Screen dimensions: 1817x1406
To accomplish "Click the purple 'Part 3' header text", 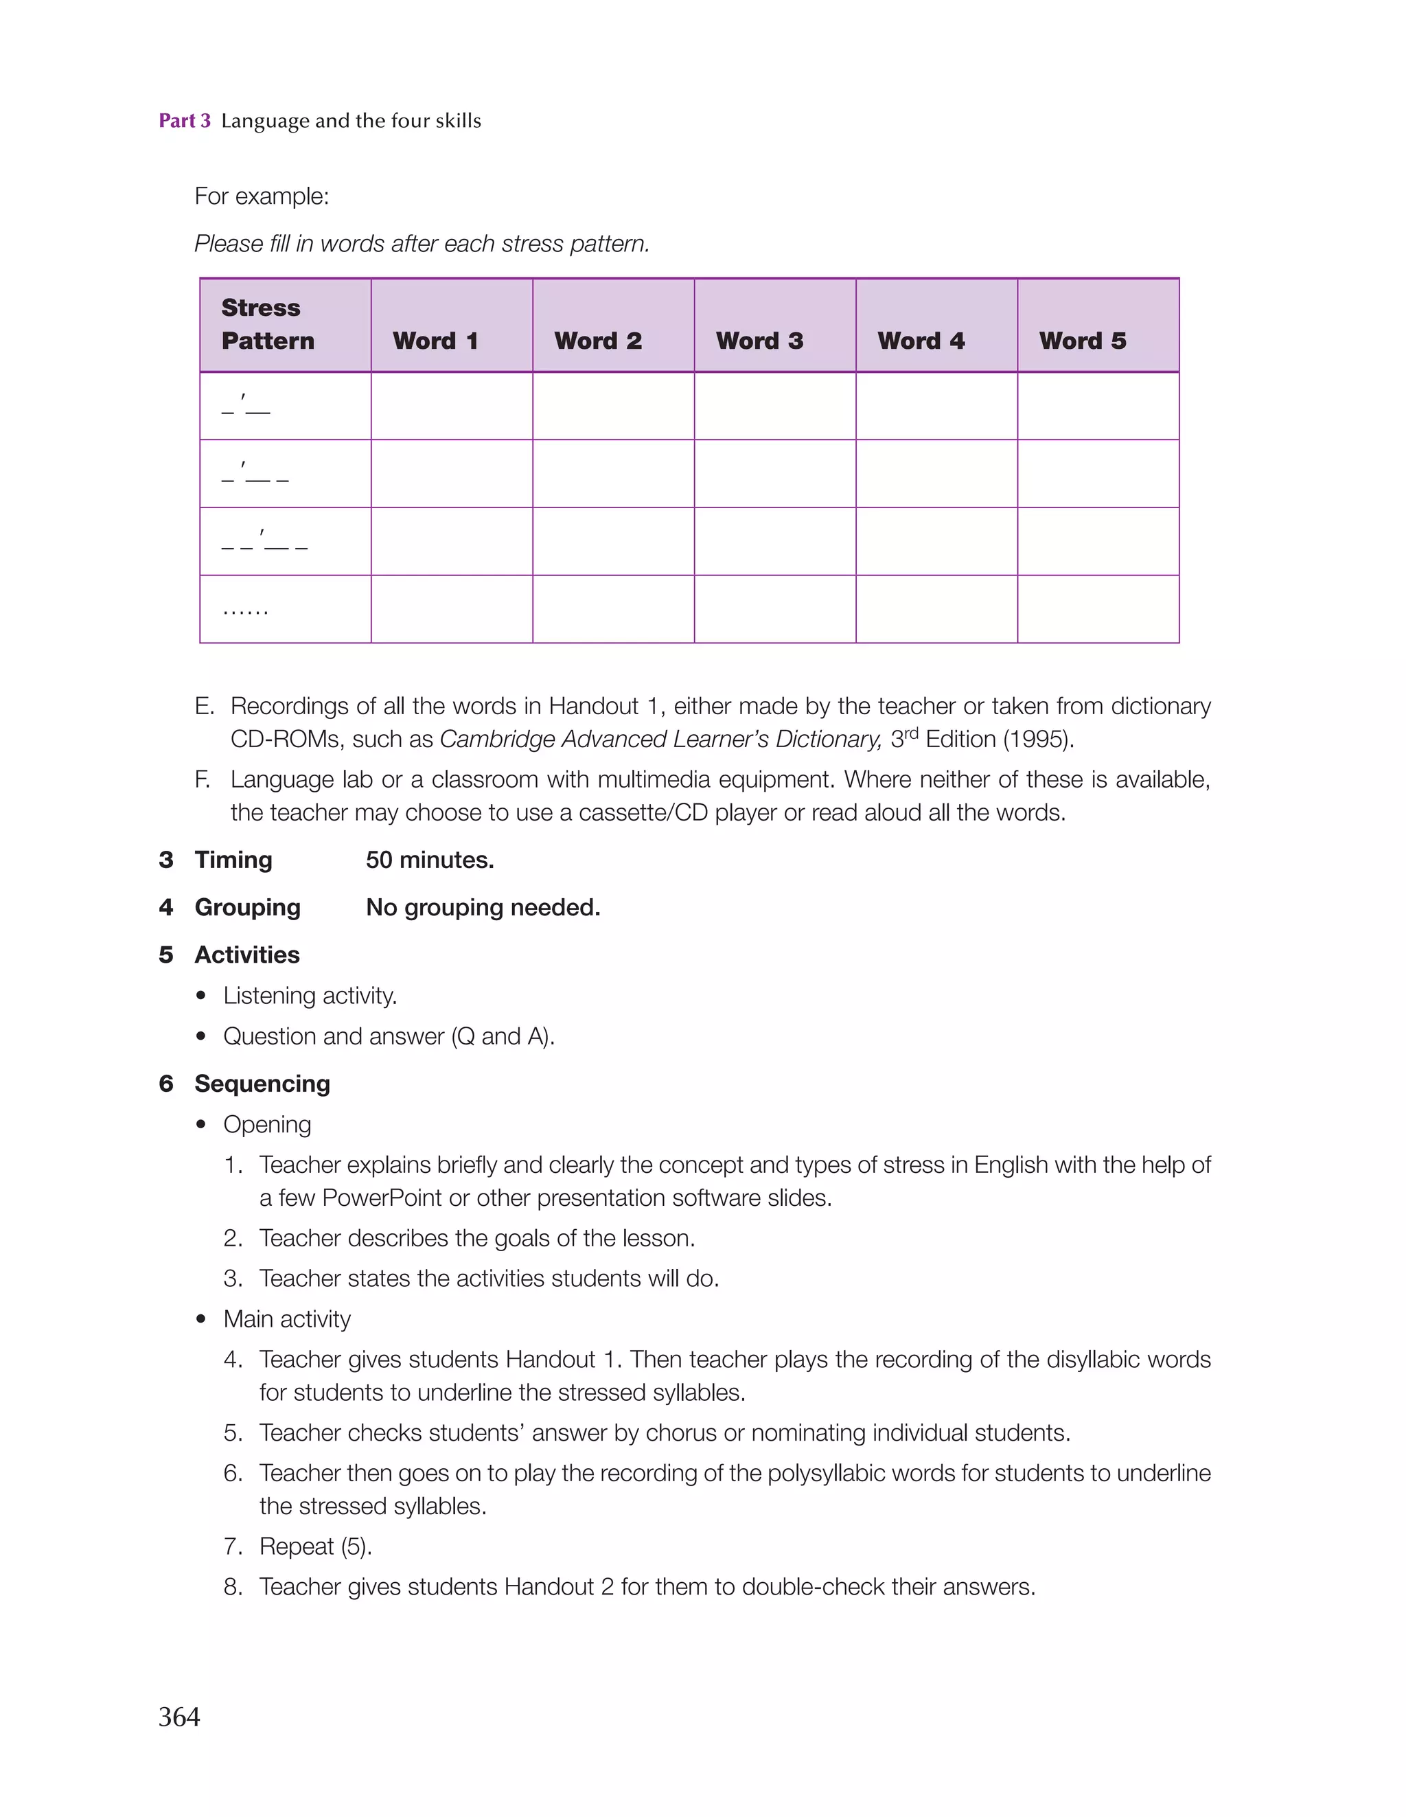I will point(185,121).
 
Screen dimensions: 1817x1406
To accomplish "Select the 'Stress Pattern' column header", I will point(268,324).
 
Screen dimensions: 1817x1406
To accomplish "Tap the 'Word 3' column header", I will point(759,341).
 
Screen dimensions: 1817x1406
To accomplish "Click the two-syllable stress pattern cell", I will point(246,406).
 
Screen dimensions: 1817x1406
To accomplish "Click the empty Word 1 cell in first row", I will point(451,406).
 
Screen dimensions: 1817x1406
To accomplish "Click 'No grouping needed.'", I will point(483,908).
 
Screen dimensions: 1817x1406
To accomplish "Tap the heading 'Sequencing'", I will point(262,1084).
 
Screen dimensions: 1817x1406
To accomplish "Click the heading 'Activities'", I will point(247,955).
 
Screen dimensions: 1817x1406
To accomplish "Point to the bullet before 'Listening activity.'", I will point(201,996).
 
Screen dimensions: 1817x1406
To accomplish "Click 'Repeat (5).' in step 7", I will point(315,1546).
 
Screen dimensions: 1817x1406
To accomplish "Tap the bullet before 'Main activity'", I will point(201,1320).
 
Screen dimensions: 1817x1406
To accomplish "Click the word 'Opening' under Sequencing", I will point(267,1125).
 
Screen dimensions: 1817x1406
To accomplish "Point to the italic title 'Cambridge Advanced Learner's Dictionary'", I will point(660,740).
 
